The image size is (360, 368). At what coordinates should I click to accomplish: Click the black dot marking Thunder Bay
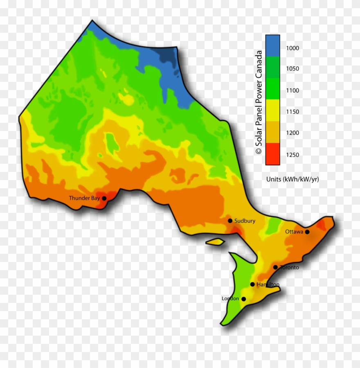point(104,198)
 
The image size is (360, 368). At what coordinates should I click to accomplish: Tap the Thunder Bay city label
point(84,198)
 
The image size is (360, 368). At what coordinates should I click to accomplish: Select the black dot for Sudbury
point(230,221)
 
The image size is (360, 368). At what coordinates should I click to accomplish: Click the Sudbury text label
point(245,221)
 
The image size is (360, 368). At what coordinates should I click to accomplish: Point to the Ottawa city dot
point(307,232)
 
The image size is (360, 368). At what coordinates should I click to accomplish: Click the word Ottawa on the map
point(294,232)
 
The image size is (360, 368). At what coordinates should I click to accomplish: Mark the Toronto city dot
point(275,267)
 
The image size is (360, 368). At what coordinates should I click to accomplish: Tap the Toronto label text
point(289,267)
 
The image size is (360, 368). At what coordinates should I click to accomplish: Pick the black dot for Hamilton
point(252,284)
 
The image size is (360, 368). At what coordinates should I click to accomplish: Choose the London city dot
point(244,299)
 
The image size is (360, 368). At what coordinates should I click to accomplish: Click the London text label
point(230,298)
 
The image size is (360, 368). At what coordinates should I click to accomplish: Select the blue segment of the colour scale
point(272,45)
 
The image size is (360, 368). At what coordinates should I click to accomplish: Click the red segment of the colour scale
point(272,154)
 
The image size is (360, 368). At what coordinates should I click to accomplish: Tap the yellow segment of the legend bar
point(272,110)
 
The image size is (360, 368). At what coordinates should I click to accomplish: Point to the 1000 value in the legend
point(292,48)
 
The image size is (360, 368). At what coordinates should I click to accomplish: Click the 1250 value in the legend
point(292,155)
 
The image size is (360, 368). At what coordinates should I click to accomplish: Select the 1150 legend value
point(292,112)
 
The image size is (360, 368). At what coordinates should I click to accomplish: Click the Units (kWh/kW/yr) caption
point(292,179)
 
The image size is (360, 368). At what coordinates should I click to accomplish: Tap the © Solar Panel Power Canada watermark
point(259,102)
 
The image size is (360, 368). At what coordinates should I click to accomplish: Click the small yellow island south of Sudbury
point(215,242)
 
